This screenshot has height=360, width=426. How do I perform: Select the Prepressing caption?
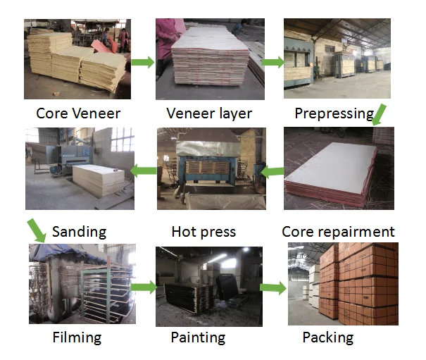[x=334, y=113]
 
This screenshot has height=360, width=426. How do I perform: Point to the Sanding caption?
[x=79, y=231]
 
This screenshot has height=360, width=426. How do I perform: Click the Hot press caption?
[x=203, y=231]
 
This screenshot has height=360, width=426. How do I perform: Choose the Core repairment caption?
[x=338, y=231]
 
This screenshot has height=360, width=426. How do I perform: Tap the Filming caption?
[x=77, y=337]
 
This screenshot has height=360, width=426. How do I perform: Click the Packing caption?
[x=327, y=337]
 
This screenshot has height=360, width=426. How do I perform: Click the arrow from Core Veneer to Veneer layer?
[x=143, y=62]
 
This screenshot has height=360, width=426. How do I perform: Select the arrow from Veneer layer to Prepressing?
[x=271, y=62]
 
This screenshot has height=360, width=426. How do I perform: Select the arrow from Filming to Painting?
[x=143, y=287]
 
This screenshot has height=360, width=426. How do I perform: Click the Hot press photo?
[x=211, y=168]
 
